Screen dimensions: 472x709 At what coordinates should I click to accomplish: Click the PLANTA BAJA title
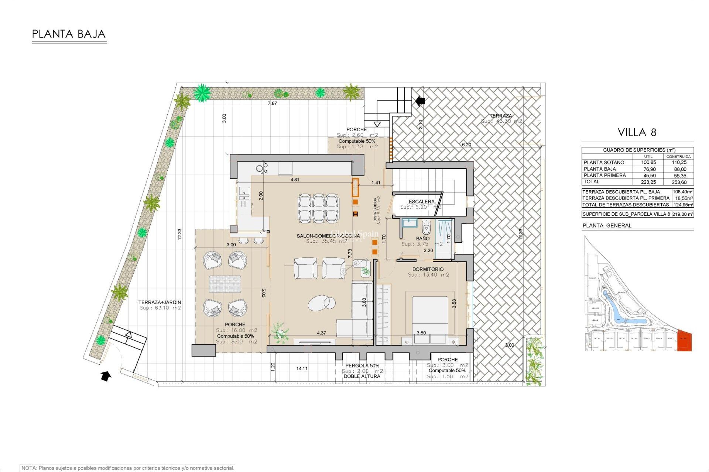pyautogui.click(x=69, y=34)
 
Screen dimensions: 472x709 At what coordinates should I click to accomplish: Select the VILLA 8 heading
pyautogui.click(x=637, y=132)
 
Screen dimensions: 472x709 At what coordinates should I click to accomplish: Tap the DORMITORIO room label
pyautogui.click(x=428, y=269)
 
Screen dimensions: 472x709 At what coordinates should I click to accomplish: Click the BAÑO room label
pyautogui.click(x=423, y=239)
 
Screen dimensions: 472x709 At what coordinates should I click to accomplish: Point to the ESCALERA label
pyautogui.click(x=421, y=201)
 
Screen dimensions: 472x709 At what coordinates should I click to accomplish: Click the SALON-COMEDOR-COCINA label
pyautogui.click(x=328, y=236)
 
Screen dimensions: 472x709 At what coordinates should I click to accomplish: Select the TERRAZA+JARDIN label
pyautogui.click(x=160, y=302)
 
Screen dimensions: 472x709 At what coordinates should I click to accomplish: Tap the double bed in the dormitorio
pyautogui.click(x=430, y=315)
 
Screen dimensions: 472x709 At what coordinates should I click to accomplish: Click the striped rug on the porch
pyautogui.click(x=225, y=284)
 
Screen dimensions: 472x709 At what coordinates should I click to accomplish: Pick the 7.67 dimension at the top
pyautogui.click(x=272, y=103)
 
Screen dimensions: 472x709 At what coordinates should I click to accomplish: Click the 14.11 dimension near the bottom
pyautogui.click(x=302, y=368)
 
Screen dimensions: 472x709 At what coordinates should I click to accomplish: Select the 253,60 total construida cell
pyautogui.click(x=679, y=182)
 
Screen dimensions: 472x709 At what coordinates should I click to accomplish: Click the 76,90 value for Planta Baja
pyautogui.click(x=650, y=169)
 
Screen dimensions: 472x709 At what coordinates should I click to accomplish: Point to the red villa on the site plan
pyautogui.click(x=684, y=340)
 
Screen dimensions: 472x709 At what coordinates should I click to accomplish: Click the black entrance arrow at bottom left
pyautogui.click(x=106, y=376)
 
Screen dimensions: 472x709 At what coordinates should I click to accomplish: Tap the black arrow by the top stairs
pyautogui.click(x=420, y=101)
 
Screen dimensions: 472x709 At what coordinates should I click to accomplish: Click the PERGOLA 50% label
pyautogui.click(x=362, y=365)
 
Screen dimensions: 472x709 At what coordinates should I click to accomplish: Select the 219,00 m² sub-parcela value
pyautogui.click(x=682, y=214)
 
